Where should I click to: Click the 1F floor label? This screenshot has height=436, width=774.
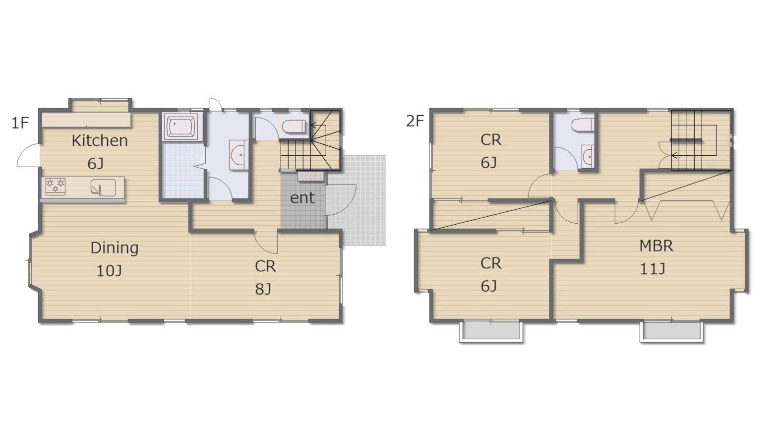(x=20, y=123)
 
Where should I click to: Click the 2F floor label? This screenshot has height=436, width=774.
(x=415, y=121)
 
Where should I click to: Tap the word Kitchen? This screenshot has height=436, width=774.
(x=100, y=141)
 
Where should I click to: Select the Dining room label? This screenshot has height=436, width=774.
(x=115, y=248)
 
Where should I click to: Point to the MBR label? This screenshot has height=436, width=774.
(x=656, y=246)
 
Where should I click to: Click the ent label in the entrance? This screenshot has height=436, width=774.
(x=302, y=198)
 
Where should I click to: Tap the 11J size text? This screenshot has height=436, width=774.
(x=653, y=269)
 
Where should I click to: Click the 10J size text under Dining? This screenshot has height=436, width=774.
(x=109, y=271)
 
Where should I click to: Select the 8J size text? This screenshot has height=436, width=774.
(x=263, y=289)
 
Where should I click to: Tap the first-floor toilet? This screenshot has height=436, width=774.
(x=294, y=126)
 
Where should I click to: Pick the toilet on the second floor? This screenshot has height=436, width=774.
(x=583, y=125)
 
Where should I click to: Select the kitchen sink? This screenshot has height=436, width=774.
(x=103, y=188)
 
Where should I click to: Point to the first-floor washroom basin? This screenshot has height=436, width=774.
(x=238, y=155)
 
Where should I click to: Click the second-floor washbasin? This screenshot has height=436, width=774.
(x=588, y=157)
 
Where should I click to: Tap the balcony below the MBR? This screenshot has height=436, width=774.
(x=671, y=331)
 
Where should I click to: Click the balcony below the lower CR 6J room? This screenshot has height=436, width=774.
(x=491, y=331)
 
